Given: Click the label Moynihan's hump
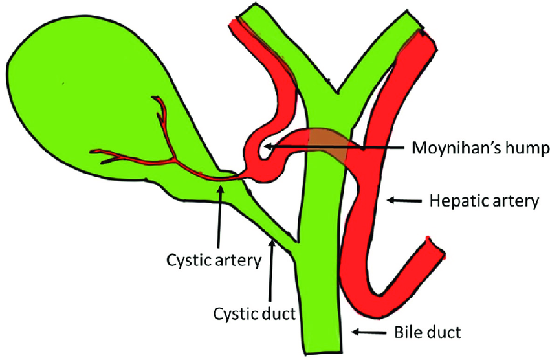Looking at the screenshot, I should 480,148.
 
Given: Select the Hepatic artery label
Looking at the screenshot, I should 484,202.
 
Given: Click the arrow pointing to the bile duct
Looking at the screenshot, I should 368,333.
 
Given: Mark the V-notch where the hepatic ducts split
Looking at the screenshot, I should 334,90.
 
